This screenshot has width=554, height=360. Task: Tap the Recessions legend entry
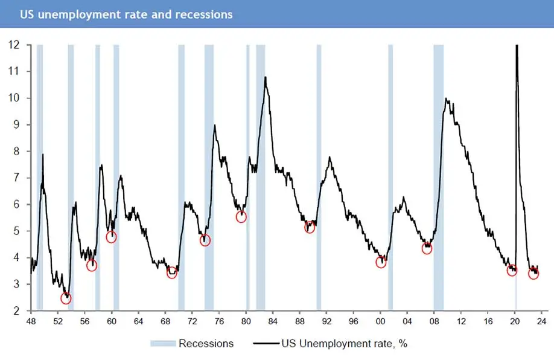click(x=192, y=344)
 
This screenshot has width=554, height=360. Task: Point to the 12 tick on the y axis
click(x=14, y=45)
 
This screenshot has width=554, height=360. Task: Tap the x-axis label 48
click(x=31, y=321)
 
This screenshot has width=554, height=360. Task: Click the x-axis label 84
click(x=273, y=321)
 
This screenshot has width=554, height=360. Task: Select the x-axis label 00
click(x=380, y=321)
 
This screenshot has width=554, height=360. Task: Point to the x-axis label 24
click(x=541, y=321)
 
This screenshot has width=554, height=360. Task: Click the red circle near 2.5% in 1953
click(x=66, y=298)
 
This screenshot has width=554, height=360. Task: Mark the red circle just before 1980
click(x=241, y=216)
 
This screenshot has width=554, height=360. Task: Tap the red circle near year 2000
click(x=381, y=262)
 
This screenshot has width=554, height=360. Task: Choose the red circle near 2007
click(x=427, y=248)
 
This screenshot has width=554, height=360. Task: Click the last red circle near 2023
click(x=533, y=274)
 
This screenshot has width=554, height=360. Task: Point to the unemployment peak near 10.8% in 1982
click(x=266, y=77)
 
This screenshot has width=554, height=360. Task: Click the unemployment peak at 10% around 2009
click(x=446, y=98)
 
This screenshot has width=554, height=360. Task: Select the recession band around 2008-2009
click(x=439, y=181)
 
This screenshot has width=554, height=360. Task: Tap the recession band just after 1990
click(x=319, y=181)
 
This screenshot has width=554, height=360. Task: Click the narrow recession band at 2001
click(x=390, y=181)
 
